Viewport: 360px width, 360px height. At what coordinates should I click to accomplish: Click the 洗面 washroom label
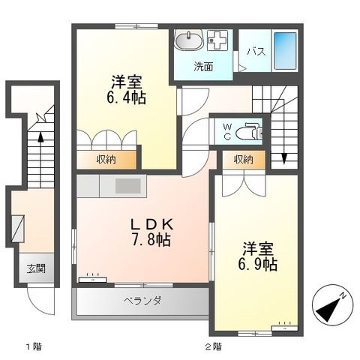click(x=202, y=66)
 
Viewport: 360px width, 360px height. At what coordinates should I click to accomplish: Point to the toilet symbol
click(x=247, y=133)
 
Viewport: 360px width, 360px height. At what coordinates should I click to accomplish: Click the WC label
click(x=227, y=132)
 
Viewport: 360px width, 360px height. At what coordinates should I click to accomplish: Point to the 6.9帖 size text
click(x=259, y=265)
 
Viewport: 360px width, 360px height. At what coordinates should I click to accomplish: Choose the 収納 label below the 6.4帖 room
click(x=106, y=159)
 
